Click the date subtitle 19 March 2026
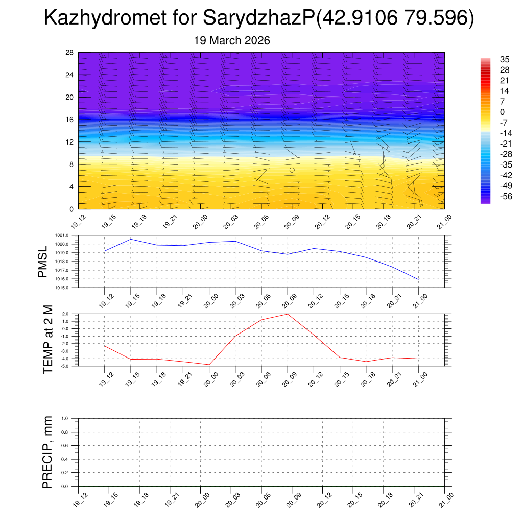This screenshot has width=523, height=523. [232, 40]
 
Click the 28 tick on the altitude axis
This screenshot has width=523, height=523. [70, 53]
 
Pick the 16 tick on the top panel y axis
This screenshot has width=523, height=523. [70, 120]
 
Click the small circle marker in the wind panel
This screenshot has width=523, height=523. [292, 170]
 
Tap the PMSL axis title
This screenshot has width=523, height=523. [42, 261]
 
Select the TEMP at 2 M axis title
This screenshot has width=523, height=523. [48, 340]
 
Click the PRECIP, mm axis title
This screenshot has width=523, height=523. [47, 453]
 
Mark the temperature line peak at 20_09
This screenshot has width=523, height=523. [288, 314]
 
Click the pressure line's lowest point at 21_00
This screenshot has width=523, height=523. [419, 279]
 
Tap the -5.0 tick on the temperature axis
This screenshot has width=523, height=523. [65, 366]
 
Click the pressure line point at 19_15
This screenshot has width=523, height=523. [131, 239]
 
